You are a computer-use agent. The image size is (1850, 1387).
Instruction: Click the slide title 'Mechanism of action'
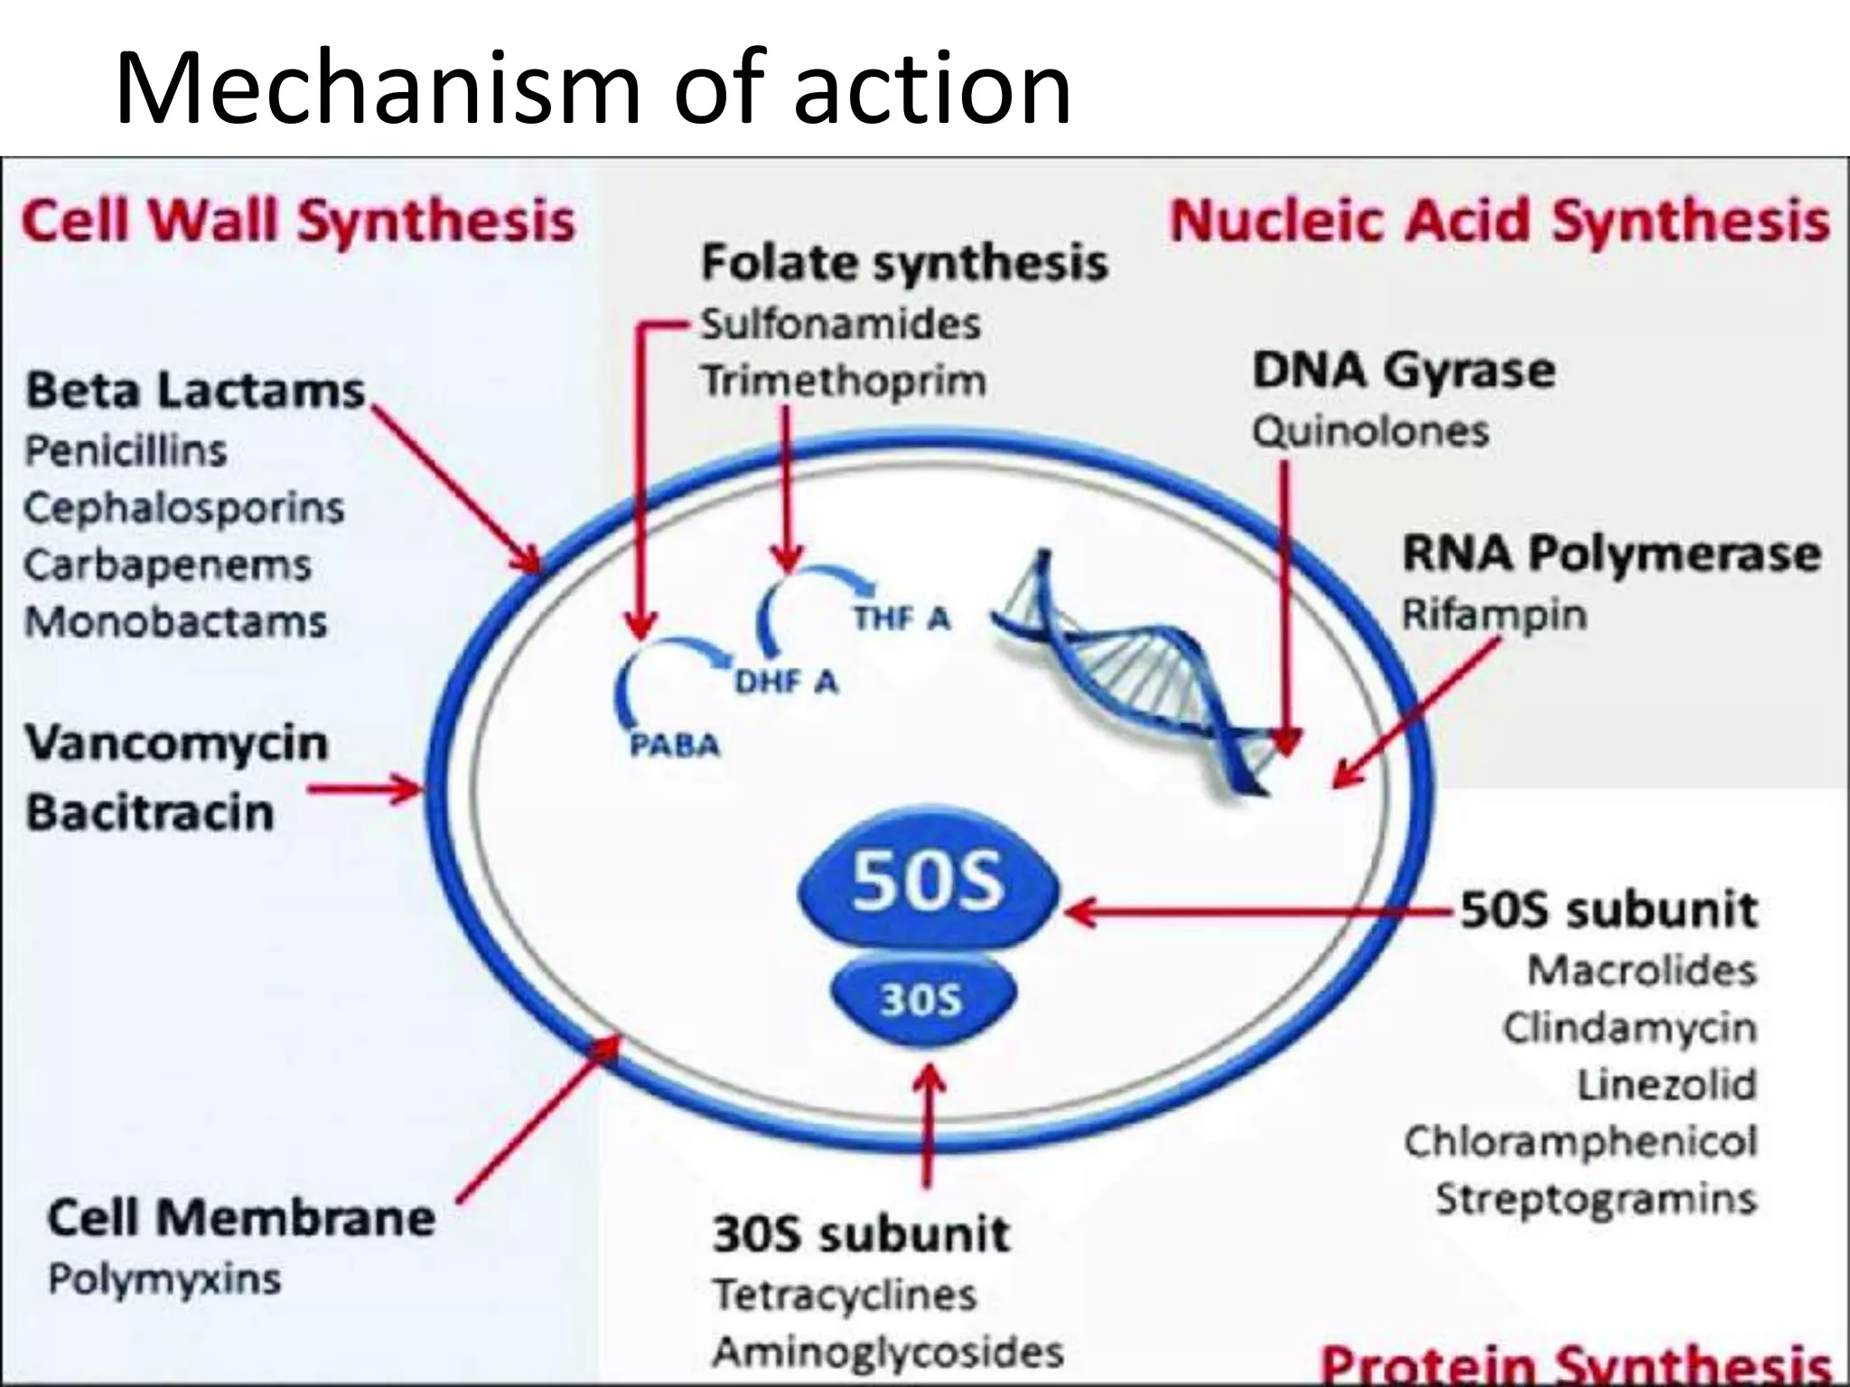click(x=593, y=88)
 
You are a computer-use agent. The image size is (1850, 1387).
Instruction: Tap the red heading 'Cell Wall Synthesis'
click(x=298, y=221)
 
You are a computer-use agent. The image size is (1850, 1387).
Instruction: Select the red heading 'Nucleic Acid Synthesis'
click(x=1500, y=221)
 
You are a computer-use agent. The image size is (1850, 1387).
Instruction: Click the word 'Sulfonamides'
click(x=841, y=324)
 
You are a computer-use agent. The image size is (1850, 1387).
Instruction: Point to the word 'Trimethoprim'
click(x=844, y=381)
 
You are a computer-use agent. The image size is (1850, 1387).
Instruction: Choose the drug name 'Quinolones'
click(x=1369, y=432)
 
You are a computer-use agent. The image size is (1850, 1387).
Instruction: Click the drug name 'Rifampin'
click(x=1494, y=615)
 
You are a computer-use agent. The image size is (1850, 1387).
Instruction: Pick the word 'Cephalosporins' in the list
click(x=184, y=508)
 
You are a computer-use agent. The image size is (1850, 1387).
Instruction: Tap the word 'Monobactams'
click(x=175, y=622)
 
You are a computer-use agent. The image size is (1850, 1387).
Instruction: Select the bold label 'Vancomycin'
click(x=177, y=743)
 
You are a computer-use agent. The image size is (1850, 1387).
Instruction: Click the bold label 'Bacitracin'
click(x=150, y=812)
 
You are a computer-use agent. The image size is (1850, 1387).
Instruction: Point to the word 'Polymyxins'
click(x=164, y=1279)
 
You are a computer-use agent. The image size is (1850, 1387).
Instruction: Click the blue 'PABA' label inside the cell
click(x=674, y=746)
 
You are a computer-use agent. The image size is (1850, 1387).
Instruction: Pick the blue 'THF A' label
click(x=902, y=619)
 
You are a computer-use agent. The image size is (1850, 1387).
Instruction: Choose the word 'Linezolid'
click(x=1667, y=1084)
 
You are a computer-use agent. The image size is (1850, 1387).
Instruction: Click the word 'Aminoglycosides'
click(x=888, y=1352)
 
